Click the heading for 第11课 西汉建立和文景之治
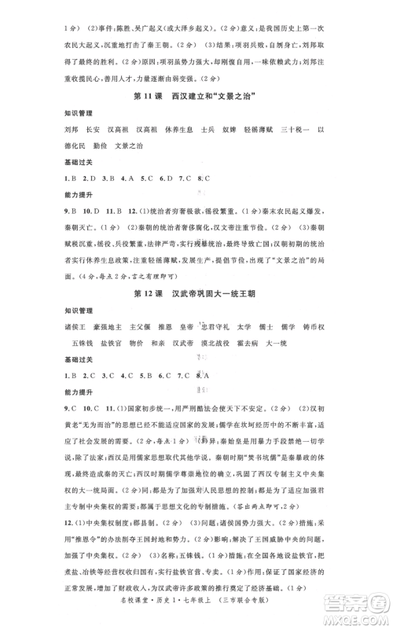(x=196, y=118)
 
